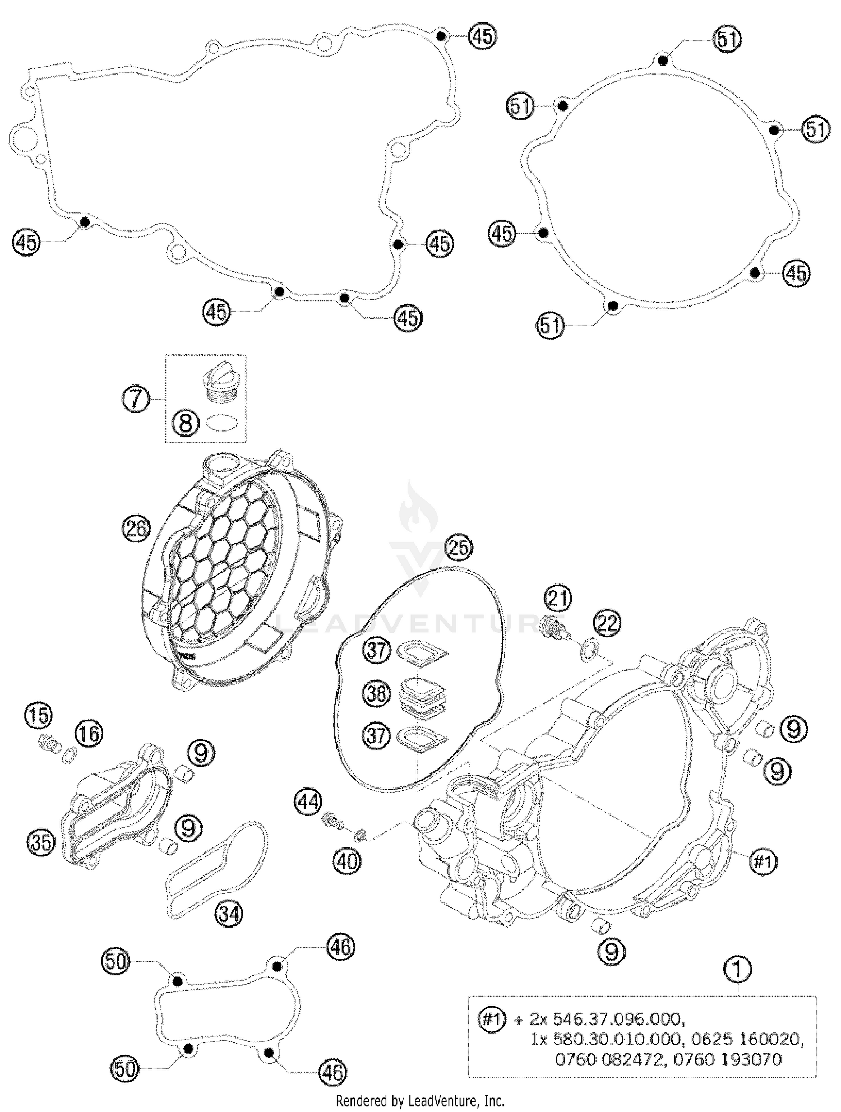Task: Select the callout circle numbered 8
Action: click(185, 423)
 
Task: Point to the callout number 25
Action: click(459, 547)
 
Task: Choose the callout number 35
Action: click(41, 843)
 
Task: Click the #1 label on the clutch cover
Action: click(763, 861)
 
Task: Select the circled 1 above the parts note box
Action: click(738, 969)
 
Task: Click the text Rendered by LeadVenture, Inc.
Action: click(420, 1100)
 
